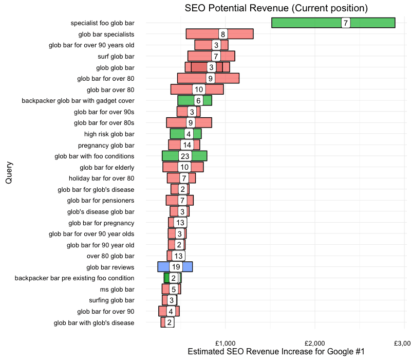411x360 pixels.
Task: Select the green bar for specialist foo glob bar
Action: (308, 23)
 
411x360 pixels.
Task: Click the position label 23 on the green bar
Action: (185, 156)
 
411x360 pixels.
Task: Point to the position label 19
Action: (176, 267)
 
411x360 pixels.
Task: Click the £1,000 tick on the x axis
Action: (225, 343)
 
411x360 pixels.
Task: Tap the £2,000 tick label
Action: (314, 343)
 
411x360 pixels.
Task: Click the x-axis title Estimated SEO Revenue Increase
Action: (276, 352)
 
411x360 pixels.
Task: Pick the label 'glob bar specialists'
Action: (106, 34)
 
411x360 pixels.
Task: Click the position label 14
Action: (186, 145)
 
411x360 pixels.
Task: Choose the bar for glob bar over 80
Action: (180, 89)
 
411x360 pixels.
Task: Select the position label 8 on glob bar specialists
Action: (222, 34)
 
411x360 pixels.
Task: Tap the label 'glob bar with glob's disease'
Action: (94, 323)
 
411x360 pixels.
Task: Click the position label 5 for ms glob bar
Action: (174, 290)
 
